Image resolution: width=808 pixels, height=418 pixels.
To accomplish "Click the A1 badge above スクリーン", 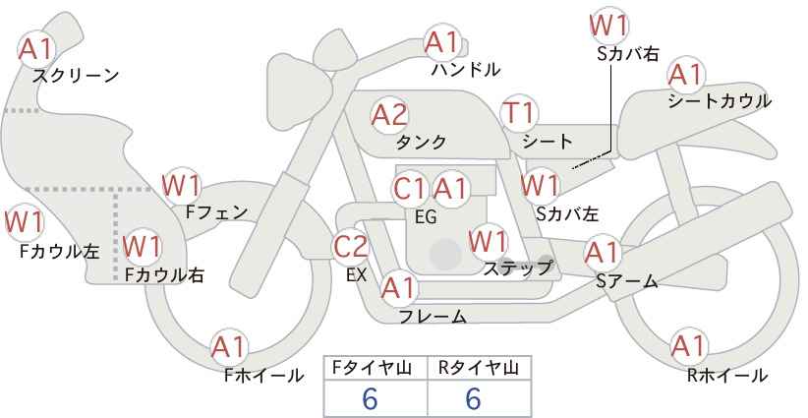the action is point(35,49).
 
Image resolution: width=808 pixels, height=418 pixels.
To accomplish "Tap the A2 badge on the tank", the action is point(389,115).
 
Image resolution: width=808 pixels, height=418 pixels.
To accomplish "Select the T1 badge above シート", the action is point(519,113).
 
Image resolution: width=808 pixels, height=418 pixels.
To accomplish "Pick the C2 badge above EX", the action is point(351,246).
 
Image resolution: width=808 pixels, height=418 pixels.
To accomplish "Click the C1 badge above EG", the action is point(410,189).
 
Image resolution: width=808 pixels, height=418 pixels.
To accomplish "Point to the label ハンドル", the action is point(466,69).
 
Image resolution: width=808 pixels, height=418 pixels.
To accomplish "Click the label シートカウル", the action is point(720,100).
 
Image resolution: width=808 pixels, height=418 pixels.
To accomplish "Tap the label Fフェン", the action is point(216,212).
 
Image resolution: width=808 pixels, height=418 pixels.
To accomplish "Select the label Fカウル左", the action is point(59,251).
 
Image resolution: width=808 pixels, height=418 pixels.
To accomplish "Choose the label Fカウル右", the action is point(164,274).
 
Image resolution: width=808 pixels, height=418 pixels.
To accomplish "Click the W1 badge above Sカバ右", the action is point(609,26).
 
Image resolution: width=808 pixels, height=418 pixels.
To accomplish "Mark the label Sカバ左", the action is point(567,213).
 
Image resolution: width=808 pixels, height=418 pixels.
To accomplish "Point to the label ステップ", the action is point(517,269).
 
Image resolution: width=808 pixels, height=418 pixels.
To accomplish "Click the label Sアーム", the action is point(627,281).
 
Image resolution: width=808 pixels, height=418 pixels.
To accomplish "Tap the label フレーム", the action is point(433,316).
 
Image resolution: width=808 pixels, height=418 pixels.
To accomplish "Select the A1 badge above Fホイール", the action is point(229,348).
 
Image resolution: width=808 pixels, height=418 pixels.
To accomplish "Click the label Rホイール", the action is point(727,376).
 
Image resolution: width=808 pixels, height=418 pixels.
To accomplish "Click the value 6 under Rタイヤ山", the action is point(473,398).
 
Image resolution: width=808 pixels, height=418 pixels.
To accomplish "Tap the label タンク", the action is point(421,142).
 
